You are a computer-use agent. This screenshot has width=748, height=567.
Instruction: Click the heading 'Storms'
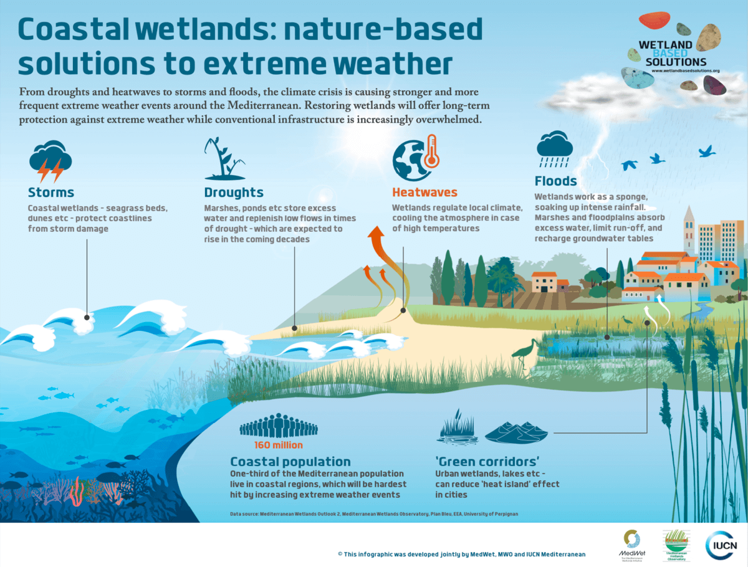[51, 193]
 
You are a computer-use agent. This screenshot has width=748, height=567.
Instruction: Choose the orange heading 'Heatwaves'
[424, 193]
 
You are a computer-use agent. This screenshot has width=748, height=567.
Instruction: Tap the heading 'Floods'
[555, 181]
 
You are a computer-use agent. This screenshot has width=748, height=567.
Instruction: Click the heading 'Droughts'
[234, 193]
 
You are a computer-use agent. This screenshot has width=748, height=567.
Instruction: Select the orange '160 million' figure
[278, 445]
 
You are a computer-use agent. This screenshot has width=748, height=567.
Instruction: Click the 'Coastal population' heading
[290, 462]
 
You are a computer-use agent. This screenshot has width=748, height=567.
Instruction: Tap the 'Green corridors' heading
[487, 462]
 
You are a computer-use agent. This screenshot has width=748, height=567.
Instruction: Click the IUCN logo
[722, 546]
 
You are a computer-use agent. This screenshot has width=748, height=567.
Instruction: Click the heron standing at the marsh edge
[523, 355]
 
